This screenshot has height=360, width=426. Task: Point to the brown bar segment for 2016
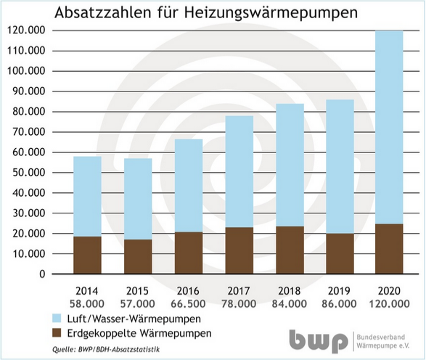coord(189,253)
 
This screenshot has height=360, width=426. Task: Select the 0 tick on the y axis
coord(42,275)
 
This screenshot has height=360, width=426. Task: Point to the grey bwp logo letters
coord(317,340)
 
